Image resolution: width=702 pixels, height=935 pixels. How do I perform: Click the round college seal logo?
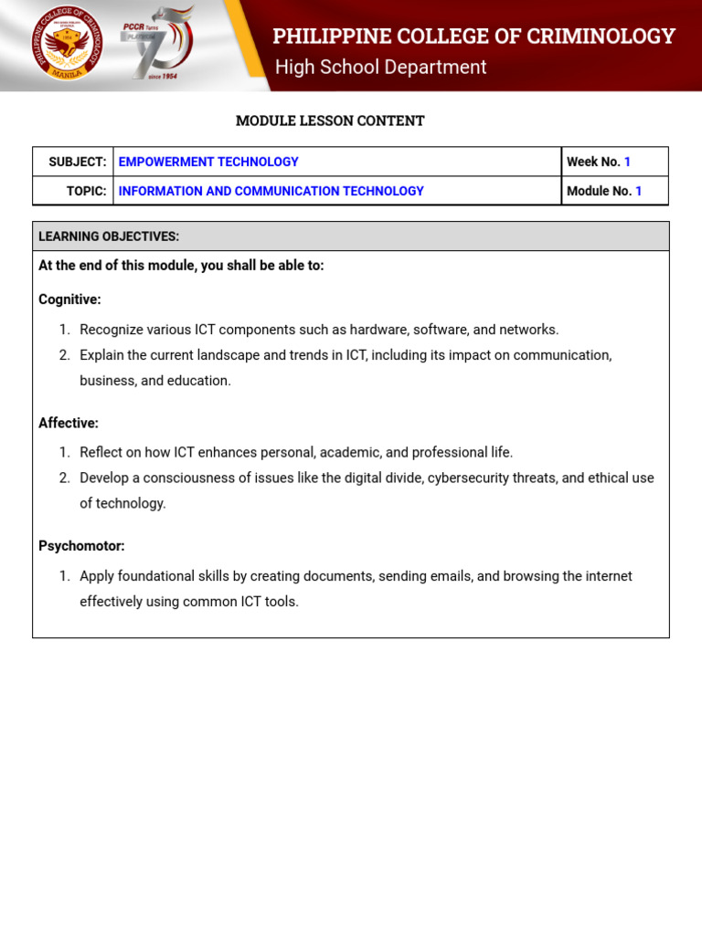67,45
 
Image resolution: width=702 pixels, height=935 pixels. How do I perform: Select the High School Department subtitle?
380,68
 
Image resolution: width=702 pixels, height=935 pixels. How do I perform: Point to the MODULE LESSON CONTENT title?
330,121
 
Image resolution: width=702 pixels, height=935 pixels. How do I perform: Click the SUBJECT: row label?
78,162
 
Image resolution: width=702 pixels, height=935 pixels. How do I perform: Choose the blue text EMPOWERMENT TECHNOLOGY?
208,162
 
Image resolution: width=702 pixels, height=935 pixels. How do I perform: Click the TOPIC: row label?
87,191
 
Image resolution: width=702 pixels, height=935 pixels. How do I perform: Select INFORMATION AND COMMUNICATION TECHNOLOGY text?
271,191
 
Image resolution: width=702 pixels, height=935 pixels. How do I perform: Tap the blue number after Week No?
628,162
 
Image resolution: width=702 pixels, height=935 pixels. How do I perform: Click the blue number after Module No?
639,191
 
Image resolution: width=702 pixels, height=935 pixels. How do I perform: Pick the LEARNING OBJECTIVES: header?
109,236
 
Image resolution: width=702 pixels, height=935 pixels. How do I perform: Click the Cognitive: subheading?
69,299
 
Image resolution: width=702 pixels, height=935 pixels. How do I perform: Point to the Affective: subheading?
69,423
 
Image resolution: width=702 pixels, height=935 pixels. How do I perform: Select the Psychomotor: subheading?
81,546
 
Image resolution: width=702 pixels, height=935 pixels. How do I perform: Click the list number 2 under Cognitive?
65,355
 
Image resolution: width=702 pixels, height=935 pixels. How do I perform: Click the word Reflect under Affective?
101,452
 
